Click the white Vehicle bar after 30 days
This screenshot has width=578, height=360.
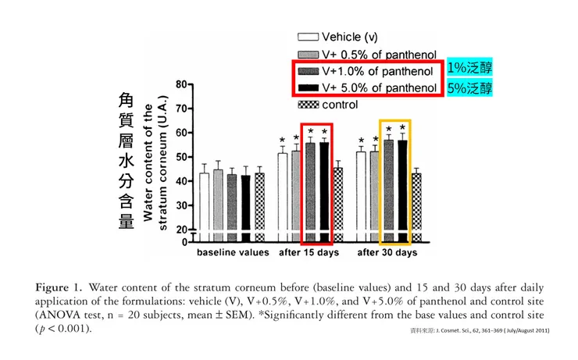tap(361, 195)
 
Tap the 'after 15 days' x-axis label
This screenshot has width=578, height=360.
tap(309, 253)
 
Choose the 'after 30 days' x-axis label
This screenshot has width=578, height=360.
tap(387, 253)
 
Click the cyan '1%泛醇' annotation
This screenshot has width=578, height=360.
tap(469, 69)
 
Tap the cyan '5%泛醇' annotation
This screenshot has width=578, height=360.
tap(469, 87)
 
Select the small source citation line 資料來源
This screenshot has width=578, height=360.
tap(480, 331)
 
